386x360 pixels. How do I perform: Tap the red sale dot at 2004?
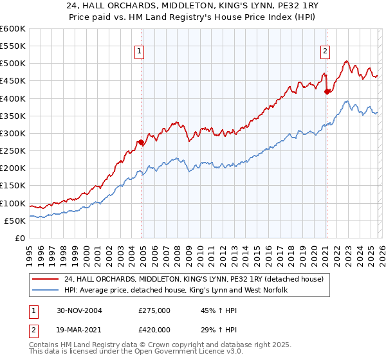coord(142,142)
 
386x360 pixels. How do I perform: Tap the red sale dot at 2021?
coord(327,91)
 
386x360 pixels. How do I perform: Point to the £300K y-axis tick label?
coord(12,134)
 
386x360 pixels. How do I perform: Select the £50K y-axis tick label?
coord(14,221)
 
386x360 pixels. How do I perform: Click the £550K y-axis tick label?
coord(12,46)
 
